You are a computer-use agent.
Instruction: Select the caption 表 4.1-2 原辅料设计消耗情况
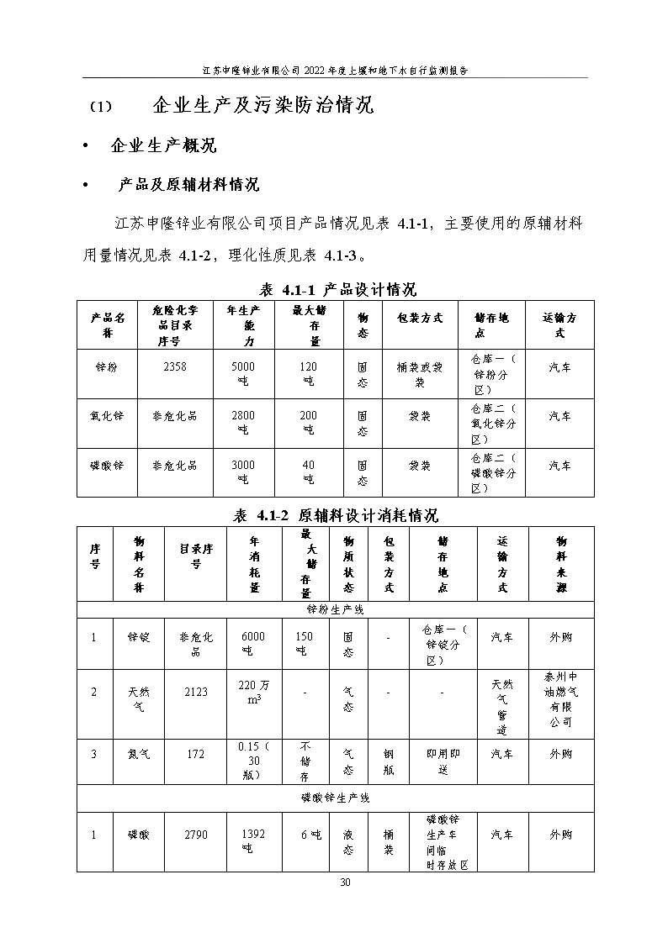336,515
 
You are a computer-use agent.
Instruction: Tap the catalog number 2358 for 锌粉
175,366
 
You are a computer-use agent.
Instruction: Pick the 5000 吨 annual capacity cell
242,374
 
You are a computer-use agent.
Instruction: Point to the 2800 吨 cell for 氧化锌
242,423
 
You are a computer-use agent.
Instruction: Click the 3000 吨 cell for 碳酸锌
242,472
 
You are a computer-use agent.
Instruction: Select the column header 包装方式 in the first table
419,318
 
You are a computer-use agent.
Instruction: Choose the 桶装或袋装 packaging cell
419,374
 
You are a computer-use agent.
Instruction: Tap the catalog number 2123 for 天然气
195,692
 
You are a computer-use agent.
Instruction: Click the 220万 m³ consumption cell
253,692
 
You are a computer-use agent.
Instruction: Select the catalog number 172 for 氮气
195,754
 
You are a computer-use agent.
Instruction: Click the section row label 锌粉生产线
335,609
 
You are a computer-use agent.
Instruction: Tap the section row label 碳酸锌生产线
335,797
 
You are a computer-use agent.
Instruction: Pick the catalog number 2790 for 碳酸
195,835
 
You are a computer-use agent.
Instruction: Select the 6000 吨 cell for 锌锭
253,643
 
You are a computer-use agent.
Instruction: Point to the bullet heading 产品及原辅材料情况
188,185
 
